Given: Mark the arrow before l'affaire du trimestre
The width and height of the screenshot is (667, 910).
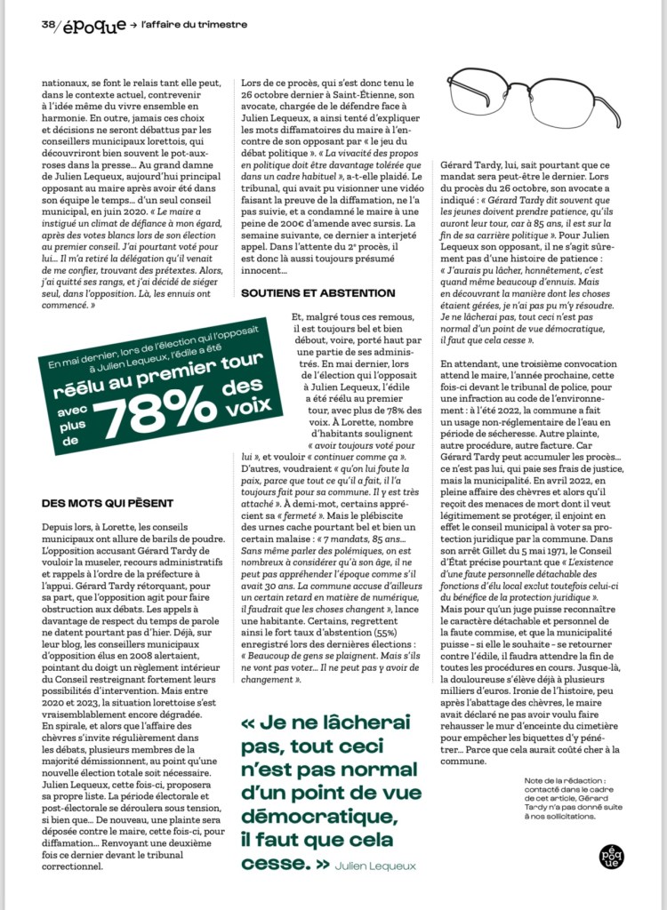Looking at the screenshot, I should [133, 25].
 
